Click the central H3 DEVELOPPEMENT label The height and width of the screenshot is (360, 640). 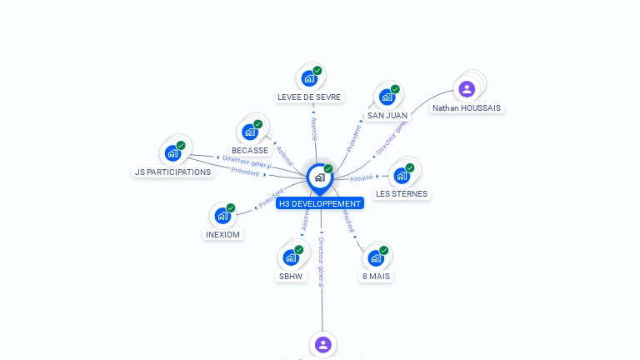[320, 203]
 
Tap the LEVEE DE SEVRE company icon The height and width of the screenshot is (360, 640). [309, 78]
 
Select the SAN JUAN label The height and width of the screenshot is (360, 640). [387, 115]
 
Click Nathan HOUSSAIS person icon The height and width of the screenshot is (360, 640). [467, 88]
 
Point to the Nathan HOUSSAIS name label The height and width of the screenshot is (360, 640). [467, 107]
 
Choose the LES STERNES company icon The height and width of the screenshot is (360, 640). [402, 175]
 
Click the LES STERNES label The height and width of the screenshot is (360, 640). [402, 193]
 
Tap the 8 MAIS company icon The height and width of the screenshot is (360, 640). [376, 257]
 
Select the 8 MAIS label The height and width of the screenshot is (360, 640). [376, 276]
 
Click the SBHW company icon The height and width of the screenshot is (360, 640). [291, 257]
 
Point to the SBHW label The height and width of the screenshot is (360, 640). [291, 276]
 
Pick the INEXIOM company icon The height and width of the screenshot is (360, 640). [222, 216]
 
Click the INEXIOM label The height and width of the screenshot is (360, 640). [222, 234]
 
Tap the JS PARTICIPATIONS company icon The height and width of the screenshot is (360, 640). [172, 152]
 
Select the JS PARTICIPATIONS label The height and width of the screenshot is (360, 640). [172, 172]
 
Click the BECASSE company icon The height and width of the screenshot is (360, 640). [250, 132]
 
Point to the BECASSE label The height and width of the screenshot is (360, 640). [250, 150]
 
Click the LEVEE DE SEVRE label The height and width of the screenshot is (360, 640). [309, 97]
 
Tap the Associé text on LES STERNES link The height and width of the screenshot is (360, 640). [361, 177]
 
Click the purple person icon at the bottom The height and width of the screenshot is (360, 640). [323, 343]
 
